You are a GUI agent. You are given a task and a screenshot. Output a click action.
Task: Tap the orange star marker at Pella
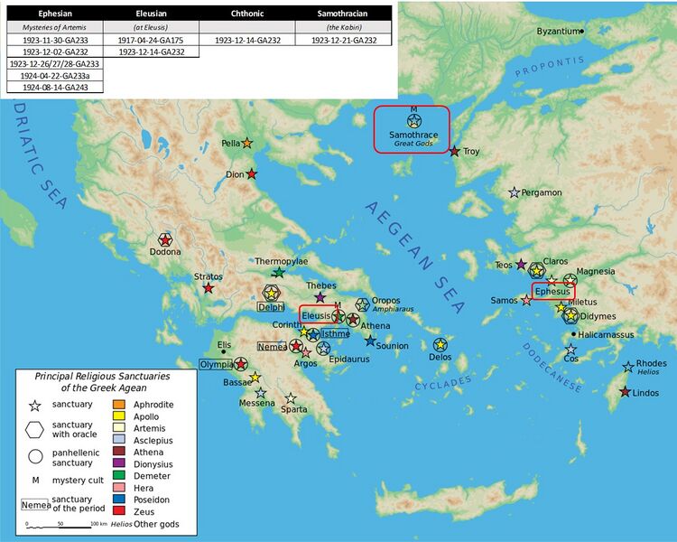246,144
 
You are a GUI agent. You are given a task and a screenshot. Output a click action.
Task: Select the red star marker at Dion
252,173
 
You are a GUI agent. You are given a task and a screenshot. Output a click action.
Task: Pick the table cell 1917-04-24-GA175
148,40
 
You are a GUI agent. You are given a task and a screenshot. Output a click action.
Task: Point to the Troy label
472,152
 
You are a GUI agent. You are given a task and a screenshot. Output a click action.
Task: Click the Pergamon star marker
515,192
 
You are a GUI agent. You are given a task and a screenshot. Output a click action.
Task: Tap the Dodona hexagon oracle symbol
164,239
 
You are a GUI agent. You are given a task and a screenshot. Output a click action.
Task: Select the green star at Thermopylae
279,272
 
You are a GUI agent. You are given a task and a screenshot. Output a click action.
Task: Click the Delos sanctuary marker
440,344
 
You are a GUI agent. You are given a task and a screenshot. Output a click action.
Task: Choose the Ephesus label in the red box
552,292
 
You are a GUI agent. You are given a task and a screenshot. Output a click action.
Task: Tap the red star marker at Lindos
625,392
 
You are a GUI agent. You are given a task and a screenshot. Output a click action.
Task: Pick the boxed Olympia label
217,364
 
